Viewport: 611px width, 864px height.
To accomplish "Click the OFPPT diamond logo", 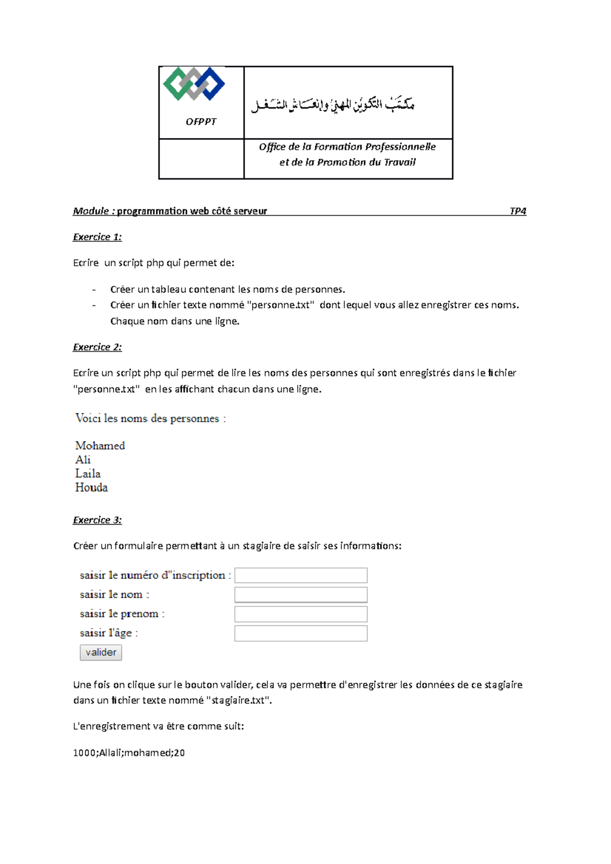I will (194, 83).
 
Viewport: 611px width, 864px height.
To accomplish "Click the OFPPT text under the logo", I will (201, 122).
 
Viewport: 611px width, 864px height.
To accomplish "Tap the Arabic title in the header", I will (333, 104).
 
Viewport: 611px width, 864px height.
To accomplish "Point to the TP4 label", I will (518, 211).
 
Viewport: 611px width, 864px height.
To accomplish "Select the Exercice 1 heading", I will (97, 237).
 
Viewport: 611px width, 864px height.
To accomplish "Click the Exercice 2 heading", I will (97, 347).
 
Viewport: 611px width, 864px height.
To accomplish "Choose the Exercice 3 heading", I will (97, 520).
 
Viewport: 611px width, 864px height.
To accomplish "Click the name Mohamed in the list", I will (100, 446).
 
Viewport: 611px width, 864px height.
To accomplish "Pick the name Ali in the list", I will (83, 460).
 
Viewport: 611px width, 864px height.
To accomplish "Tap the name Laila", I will (88, 474).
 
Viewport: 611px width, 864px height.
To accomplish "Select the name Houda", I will (92, 487).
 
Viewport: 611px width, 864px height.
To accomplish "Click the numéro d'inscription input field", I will (301, 575).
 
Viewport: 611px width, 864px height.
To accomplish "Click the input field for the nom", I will (301, 595).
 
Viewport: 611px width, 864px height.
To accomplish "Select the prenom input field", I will (301, 614).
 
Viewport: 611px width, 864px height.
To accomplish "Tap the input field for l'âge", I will (301, 633).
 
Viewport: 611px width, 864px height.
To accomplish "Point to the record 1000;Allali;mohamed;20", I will (129, 753).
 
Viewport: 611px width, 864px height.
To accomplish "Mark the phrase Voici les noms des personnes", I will (148, 419).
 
